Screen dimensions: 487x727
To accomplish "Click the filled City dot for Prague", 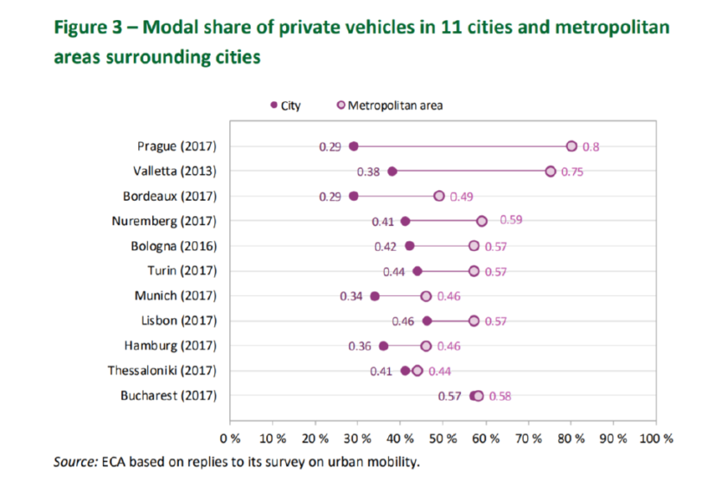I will [x=354, y=146].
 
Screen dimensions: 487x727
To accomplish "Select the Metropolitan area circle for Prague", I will [x=571, y=146].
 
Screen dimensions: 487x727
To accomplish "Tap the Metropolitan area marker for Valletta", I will [x=551, y=171].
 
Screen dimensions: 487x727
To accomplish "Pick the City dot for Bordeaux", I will [x=354, y=196].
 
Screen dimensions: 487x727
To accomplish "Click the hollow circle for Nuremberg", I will [x=482, y=221].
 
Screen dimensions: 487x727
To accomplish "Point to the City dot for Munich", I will [x=374, y=296].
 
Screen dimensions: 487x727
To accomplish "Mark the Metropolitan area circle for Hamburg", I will [x=426, y=346].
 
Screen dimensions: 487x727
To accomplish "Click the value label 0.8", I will [x=590, y=147].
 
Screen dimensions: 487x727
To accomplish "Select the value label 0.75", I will [x=571, y=172].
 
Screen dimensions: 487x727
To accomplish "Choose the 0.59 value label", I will [x=510, y=221].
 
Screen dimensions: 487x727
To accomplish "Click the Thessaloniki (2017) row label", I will [x=163, y=371].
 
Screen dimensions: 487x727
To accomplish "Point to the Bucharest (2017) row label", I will [x=171, y=396].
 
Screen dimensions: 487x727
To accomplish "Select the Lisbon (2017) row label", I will [x=178, y=321].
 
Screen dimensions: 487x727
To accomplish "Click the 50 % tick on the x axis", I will [x=443, y=438].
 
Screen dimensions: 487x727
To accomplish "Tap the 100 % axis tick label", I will [x=655, y=438].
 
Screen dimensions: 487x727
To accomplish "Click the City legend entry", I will [x=286, y=106].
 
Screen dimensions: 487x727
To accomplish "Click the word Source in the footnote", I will [x=73, y=462].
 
